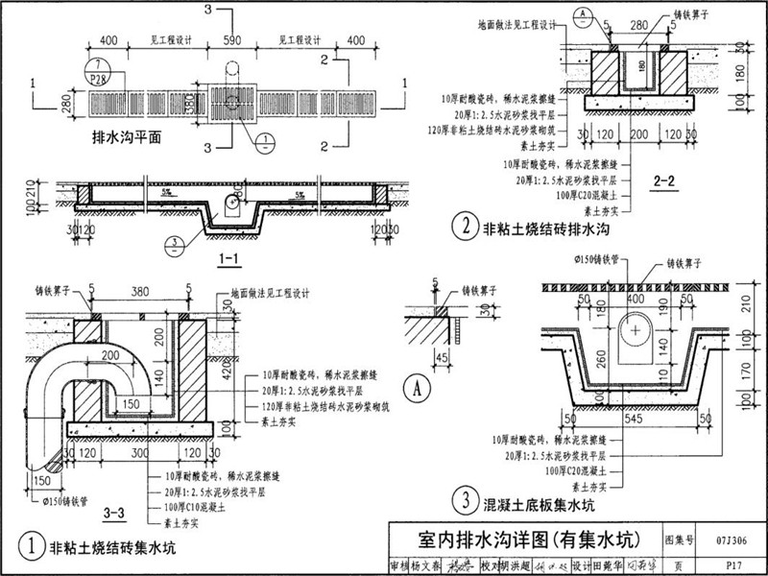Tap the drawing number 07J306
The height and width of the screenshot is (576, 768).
(724, 540)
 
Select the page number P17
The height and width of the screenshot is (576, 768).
(732, 565)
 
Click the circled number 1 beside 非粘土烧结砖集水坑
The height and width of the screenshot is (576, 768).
(33, 548)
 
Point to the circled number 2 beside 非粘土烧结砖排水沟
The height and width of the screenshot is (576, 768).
(465, 228)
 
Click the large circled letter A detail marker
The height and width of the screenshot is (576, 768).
(418, 389)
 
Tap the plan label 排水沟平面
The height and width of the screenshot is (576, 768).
(124, 137)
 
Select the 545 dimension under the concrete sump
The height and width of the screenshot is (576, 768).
(633, 420)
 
